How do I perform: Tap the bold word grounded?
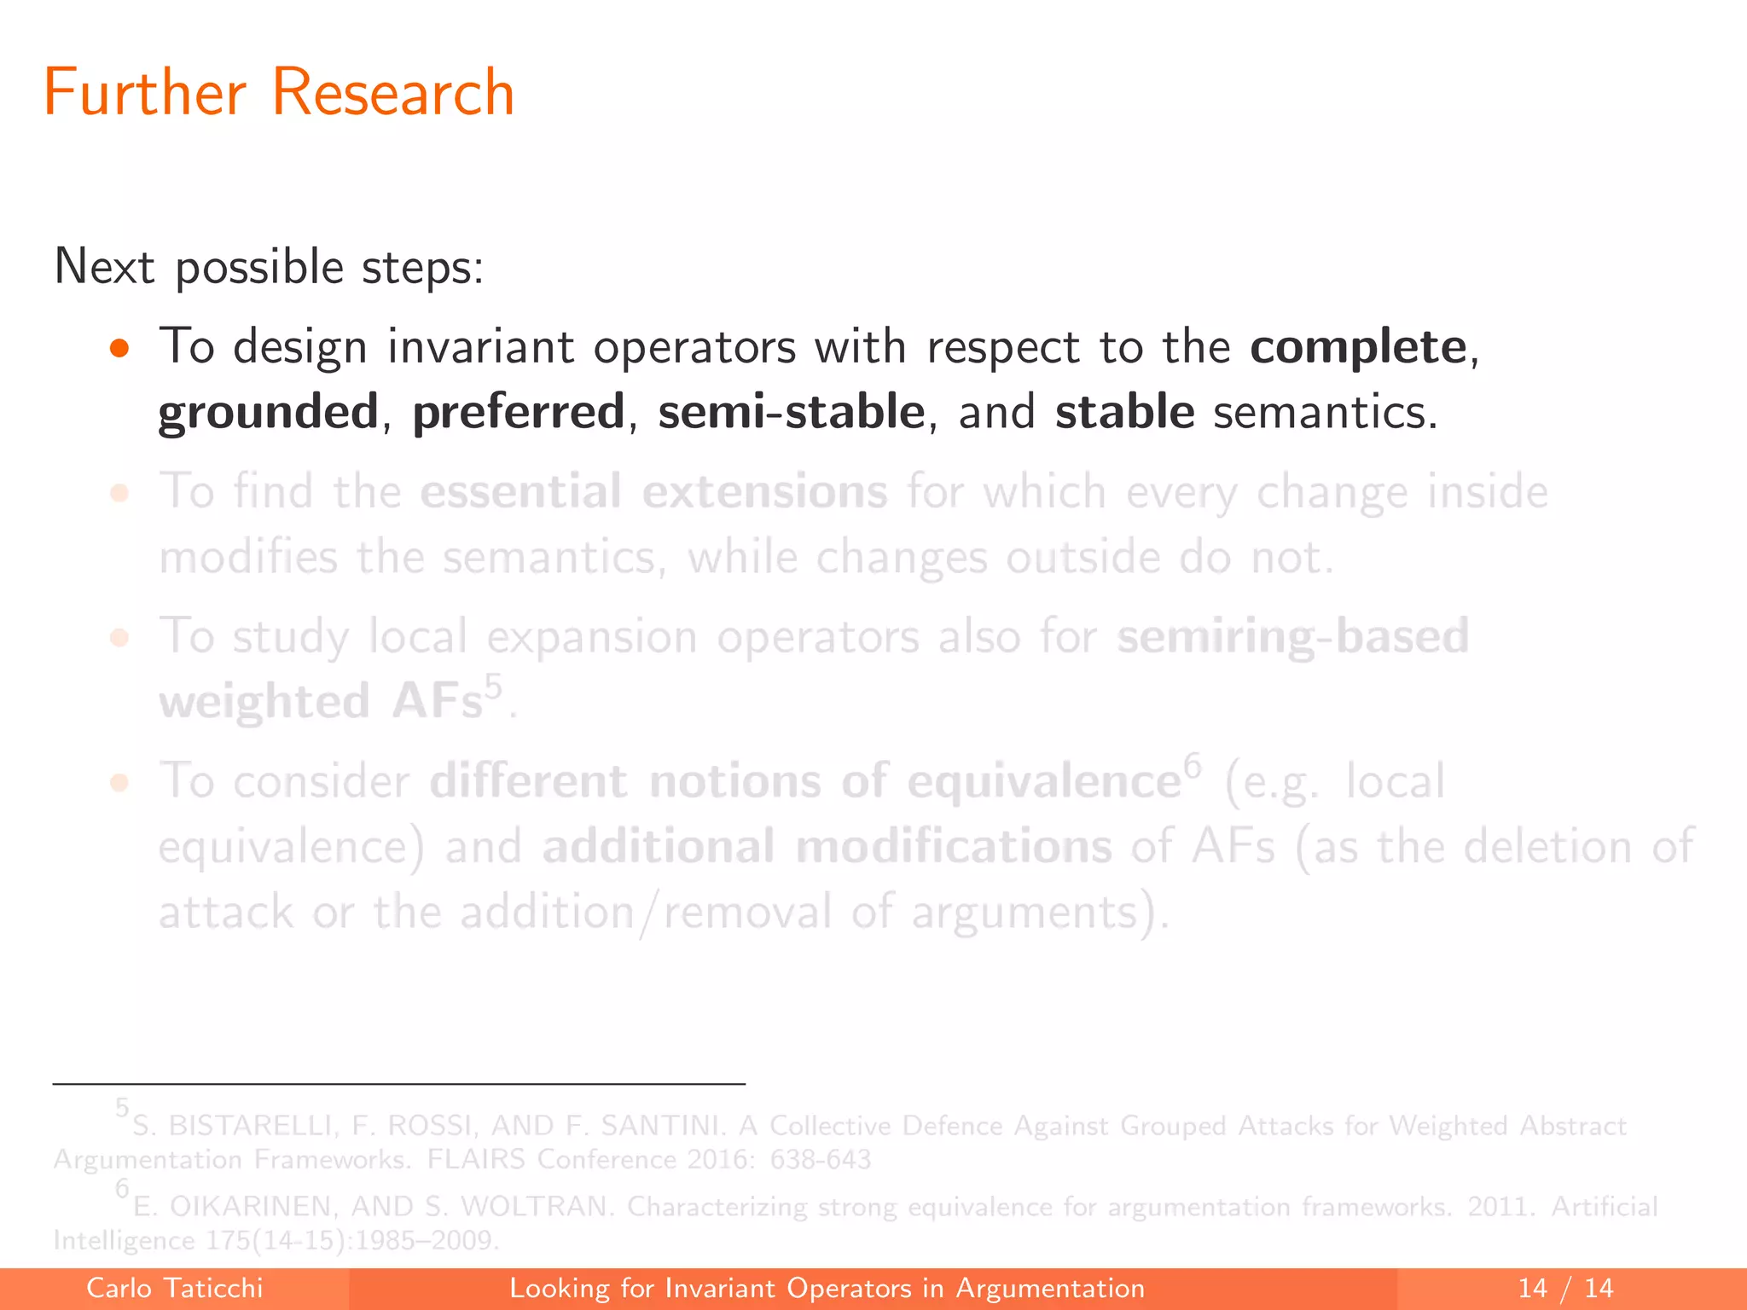coord(269,413)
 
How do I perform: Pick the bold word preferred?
coord(519,413)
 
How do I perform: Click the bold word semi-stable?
coord(792,413)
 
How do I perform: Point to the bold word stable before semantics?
coord(1124,413)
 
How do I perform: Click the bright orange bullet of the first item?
coord(119,348)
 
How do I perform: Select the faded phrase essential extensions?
coord(653,492)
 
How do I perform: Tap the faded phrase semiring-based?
coord(1292,636)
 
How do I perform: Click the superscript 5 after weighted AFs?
coord(494,686)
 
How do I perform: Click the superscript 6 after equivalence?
coord(1192,765)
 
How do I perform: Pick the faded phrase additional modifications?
coord(827,847)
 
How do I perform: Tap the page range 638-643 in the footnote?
coord(820,1160)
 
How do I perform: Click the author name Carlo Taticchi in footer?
coord(175,1288)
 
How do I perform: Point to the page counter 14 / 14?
coord(1565,1288)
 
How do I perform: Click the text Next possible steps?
coord(269,268)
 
